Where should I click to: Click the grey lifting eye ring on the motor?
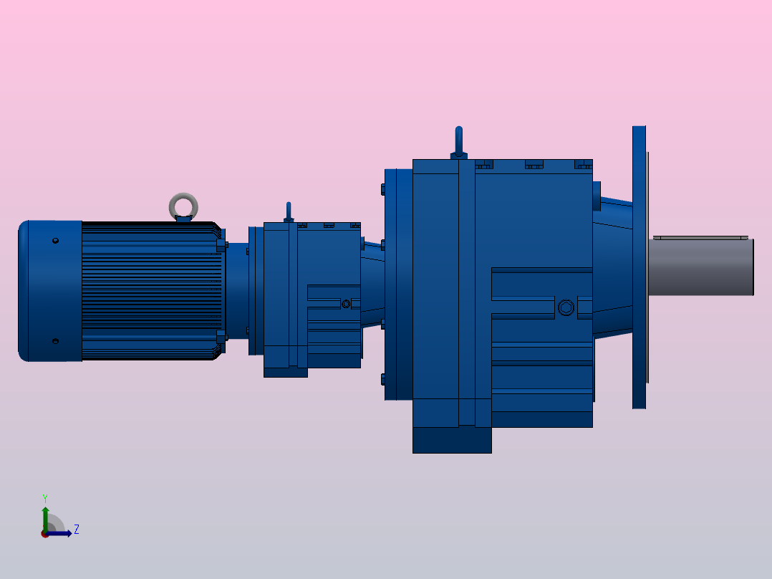[x=183, y=205]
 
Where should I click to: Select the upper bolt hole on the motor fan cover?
[x=56, y=241]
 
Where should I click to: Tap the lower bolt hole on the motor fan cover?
[x=56, y=341]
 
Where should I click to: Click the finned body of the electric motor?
[x=150, y=290]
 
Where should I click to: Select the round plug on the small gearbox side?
[x=347, y=304]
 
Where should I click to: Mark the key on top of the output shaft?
[x=700, y=236]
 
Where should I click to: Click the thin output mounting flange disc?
[x=640, y=267]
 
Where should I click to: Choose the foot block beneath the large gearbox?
[x=452, y=440]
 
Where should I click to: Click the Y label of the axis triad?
[x=44, y=497]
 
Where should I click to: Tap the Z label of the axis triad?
[x=76, y=530]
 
